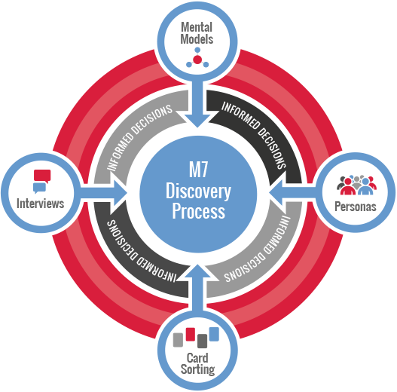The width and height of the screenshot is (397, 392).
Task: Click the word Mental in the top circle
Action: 197,27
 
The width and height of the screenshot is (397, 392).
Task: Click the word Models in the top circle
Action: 197,39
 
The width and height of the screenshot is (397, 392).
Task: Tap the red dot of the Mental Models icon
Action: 197,60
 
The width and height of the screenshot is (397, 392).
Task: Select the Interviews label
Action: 40,204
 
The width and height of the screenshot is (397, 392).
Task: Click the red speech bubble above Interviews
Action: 42,176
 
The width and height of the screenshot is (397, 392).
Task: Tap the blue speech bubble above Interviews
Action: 39,188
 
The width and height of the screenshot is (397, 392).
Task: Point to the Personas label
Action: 356,207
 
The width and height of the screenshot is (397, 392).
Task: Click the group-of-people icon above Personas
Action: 356,185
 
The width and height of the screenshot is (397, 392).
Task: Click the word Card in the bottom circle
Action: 197,358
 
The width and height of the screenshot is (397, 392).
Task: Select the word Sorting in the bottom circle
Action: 197,369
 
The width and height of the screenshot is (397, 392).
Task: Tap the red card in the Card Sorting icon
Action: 191,334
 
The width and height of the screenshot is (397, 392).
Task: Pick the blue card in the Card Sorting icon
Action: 214,334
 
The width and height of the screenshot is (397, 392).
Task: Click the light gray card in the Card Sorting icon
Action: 178,340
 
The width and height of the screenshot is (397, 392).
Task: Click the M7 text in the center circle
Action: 199,170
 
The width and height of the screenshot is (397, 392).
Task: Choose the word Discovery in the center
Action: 198,191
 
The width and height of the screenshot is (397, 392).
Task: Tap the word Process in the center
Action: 199,211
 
